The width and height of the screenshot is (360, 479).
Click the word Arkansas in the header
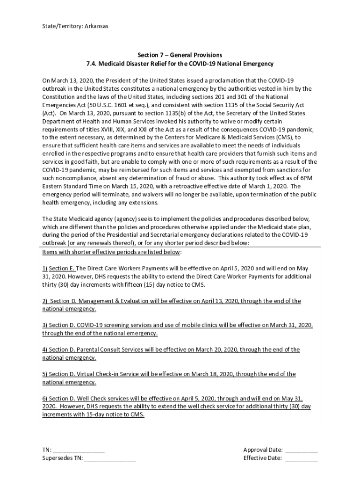[96, 26]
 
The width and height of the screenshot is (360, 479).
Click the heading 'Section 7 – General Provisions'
[180, 55]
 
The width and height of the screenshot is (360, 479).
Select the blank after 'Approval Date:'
[301, 450]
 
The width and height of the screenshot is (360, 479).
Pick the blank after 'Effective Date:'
[301, 458]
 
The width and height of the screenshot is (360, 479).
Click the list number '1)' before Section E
[45, 269]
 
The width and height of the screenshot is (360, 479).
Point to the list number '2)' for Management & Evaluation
[45, 301]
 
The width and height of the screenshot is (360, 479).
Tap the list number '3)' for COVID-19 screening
[45, 325]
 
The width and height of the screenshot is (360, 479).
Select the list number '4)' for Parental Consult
[45, 349]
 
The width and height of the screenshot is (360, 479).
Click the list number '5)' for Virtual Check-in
[45, 374]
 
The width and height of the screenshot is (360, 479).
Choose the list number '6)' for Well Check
[45, 399]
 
